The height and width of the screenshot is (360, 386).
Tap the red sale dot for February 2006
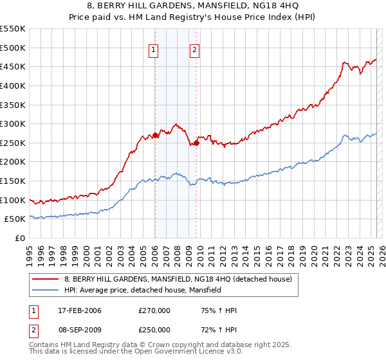tap(155, 136)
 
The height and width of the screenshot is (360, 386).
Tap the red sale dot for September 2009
tap(196, 143)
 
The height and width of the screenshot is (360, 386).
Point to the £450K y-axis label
tap(12, 66)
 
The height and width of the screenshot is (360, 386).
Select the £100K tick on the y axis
tap(12, 200)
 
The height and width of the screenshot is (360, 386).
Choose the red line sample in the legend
tap(46, 279)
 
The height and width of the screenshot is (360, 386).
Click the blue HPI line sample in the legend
tap(46, 291)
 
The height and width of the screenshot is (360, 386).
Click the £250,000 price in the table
tap(155, 329)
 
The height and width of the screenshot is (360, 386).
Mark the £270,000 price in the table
tap(155, 311)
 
